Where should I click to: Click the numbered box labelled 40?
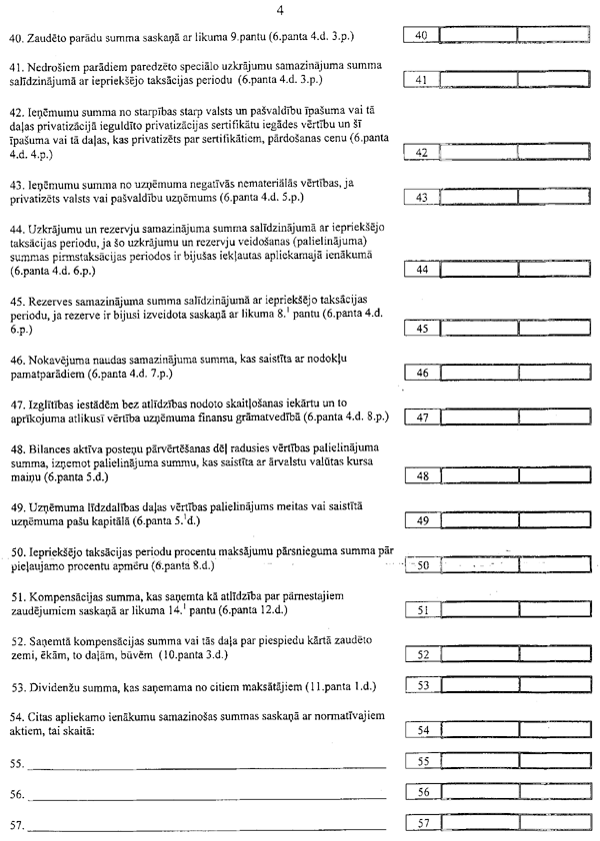click(x=421, y=36)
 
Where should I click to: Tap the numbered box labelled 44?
click(x=421, y=270)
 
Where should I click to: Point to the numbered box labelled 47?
click(x=421, y=418)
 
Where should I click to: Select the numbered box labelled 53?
click(x=421, y=685)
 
